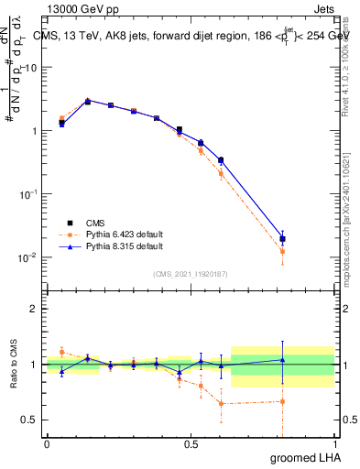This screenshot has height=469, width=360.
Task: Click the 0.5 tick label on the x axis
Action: (191, 443)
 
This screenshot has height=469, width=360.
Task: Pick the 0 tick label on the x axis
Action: (47, 443)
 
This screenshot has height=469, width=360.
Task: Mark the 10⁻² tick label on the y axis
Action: (29, 257)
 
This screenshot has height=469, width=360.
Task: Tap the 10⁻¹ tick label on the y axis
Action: (29, 194)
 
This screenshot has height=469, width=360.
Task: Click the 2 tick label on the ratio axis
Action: (34, 309)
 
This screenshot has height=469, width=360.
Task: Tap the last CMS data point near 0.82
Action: (283, 239)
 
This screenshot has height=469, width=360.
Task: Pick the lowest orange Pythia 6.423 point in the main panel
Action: (283, 251)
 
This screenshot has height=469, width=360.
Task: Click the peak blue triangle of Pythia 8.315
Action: (87, 101)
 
